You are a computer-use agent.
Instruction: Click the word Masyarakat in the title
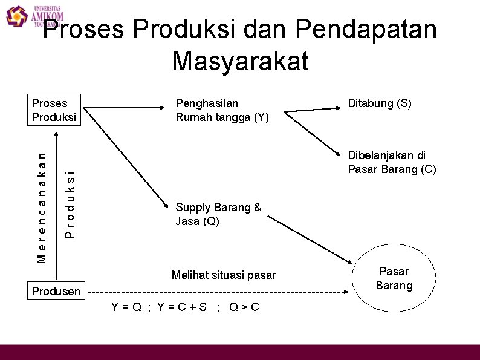pyautogui.click(x=240, y=61)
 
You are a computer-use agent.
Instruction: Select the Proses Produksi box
pyautogui.click(x=54, y=110)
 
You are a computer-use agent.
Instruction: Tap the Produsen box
pyautogui.click(x=56, y=291)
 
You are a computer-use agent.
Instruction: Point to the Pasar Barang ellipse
pyautogui.click(x=394, y=278)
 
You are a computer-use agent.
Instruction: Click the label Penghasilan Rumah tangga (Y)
pyautogui.click(x=222, y=110)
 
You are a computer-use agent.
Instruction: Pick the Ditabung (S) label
pyautogui.click(x=380, y=103)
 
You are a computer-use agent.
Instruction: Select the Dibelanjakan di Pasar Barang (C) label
pyautogui.click(x=391, y=162)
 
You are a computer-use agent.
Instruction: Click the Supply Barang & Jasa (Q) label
pyautogui.click(x=218, y=214)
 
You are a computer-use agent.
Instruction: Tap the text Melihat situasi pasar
pyautogui.click(x=223, y=275)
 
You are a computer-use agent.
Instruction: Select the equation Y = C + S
pyautogui.click(x=182, y=307)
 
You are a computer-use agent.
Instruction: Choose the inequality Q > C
pyautogui.click(x=244, y=307)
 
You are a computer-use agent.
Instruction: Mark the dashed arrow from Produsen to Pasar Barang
pyautogui.click(x=218, y=292)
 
